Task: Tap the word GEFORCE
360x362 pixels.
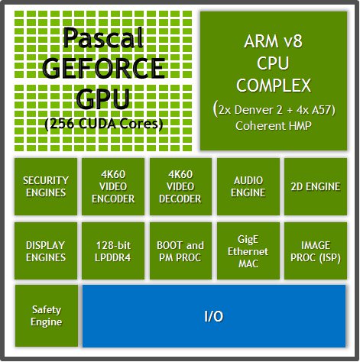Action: pyautogui.click(x=103, y=68)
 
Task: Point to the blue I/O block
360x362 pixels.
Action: pyautogui.click(x=213, y=315)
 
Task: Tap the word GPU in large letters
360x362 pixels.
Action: pyautogui.click(x=103, y=99)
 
